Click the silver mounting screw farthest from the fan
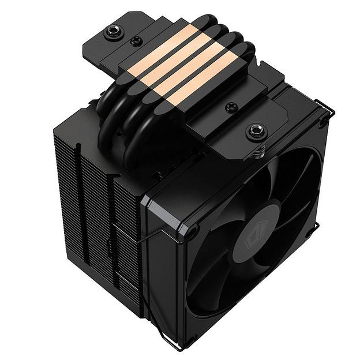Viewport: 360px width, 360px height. (x=112, y=33)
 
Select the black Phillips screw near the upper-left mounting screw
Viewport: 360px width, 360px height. (x=136, y=41)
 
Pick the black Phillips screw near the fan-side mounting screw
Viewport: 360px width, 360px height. (x=231, y=107)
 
